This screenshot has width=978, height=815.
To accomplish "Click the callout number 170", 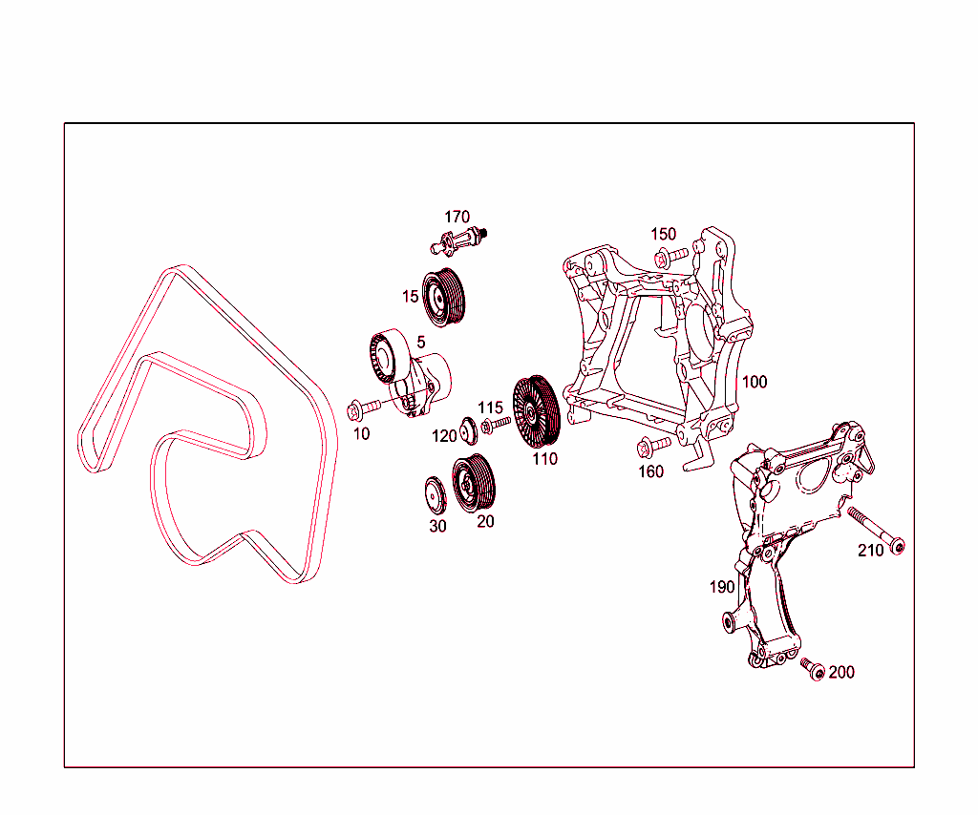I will pyautogui.click(x=457, y=218).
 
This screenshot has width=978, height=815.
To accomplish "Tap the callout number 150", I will pyautogui.click(x=663, y=235).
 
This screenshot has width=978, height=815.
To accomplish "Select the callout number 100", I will pyautogui.click(x=755, y=382).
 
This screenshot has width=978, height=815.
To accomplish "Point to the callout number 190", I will pyautogui.click(x=722, y=587).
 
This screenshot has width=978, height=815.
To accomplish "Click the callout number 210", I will pyautogui.click(x=871, y=551).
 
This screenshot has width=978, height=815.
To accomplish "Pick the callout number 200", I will pyautogui.click(x=841, y=672).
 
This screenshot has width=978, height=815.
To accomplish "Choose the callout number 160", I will pyautogui.click(x=650, y=471).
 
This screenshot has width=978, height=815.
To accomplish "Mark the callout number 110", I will pyautogui.click(x=544, y=459).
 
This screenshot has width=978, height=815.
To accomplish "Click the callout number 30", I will pyautogui.click(x=436, y=525).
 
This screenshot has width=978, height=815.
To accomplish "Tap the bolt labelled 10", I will pyautogui.click(x=362, y=408).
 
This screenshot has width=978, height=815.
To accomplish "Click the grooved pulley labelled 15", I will pyautogui.click(x=443, y=297).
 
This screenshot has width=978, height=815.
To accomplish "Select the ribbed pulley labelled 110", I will pyautogui.click(x=534, y=410).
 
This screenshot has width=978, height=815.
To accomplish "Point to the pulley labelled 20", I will pyautogui.click(x=473, y=484).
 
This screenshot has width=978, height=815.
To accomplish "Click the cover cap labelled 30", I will pyautogui.click(x=436, y=494).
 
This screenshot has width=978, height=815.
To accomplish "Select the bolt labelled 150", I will pyautogui.click(x=671, y=256).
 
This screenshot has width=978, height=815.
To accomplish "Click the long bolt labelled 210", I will pyautogui.click(x=875, y=530).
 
